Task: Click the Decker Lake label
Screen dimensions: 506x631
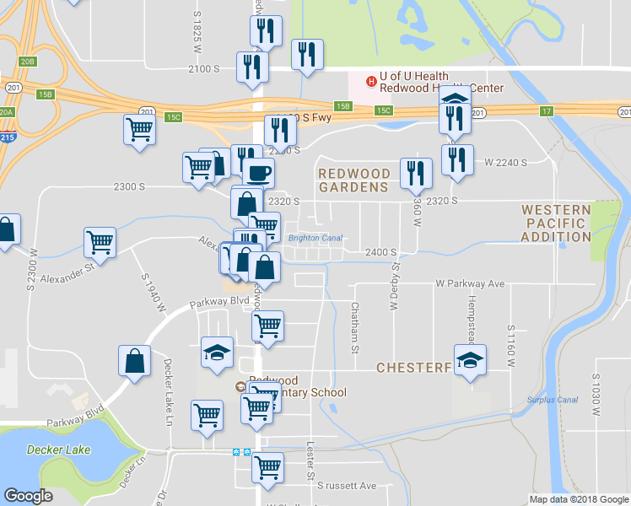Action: tap(58, 449)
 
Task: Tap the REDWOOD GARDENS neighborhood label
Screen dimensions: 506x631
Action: tap(353, 180)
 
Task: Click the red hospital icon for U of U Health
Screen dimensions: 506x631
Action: tap(370, 81)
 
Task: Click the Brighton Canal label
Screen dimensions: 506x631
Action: tap(315, 238)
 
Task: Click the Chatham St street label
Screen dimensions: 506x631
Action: tap(355, 328)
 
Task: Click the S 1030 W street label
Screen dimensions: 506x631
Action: tap(595, 396)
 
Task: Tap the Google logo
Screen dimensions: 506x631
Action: tap(28, 496)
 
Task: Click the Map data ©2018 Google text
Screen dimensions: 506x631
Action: tap(578, 499)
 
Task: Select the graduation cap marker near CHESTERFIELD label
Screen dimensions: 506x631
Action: tap(470, 360)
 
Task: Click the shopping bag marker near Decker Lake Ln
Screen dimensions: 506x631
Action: tap(135, 361)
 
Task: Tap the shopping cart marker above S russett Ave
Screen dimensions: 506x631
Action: tap(268, 466)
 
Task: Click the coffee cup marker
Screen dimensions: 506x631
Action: tap(258, 173)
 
